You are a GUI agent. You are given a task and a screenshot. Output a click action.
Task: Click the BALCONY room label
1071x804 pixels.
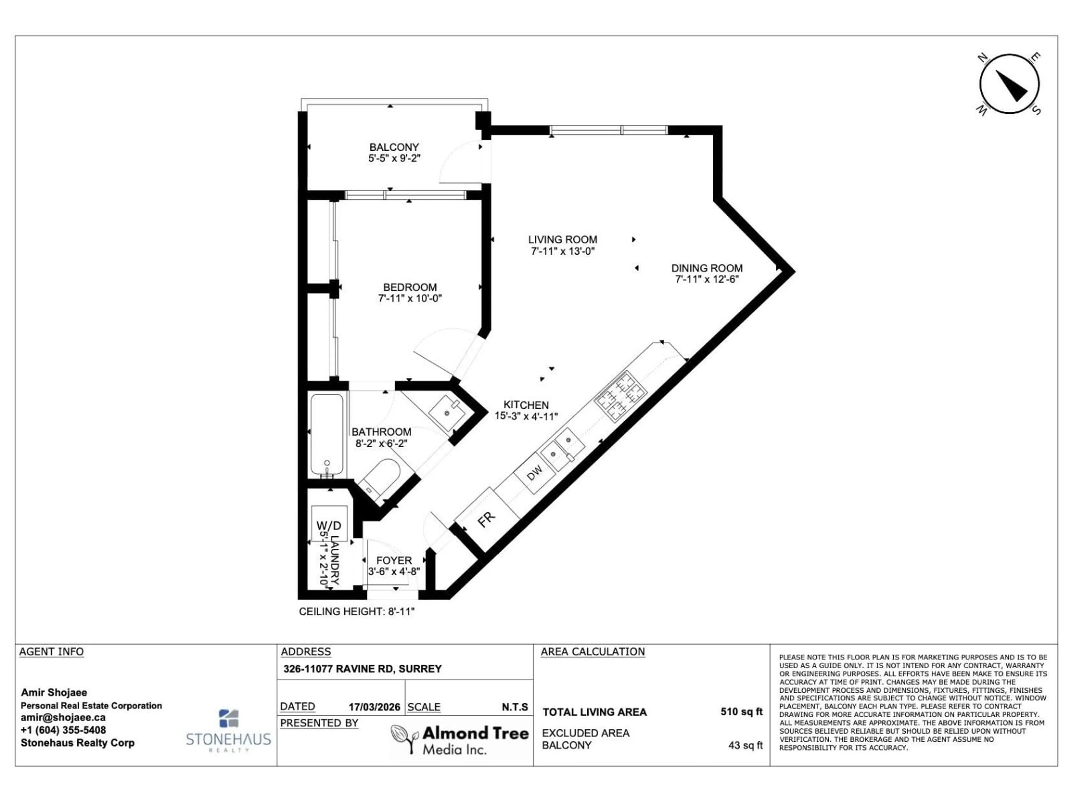click(x=394, y=147)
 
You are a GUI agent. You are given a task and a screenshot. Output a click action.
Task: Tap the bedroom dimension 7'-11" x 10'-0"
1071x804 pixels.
click(x=410, y=298)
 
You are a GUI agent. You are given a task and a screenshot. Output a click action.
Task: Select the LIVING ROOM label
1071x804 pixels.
click(x=562, y=240)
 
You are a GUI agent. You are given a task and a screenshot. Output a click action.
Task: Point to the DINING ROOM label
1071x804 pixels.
click(x=706, y=268)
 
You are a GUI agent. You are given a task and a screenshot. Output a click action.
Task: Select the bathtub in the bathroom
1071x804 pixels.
click(x=328, y=435)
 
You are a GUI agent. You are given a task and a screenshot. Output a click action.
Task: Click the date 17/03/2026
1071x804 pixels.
click(x=374, y=707)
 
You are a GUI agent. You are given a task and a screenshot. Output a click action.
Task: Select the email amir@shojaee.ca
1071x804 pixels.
click(x=63, y=717)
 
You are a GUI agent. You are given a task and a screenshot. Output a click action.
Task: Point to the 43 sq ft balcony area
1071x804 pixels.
click(x=745, y=745)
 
